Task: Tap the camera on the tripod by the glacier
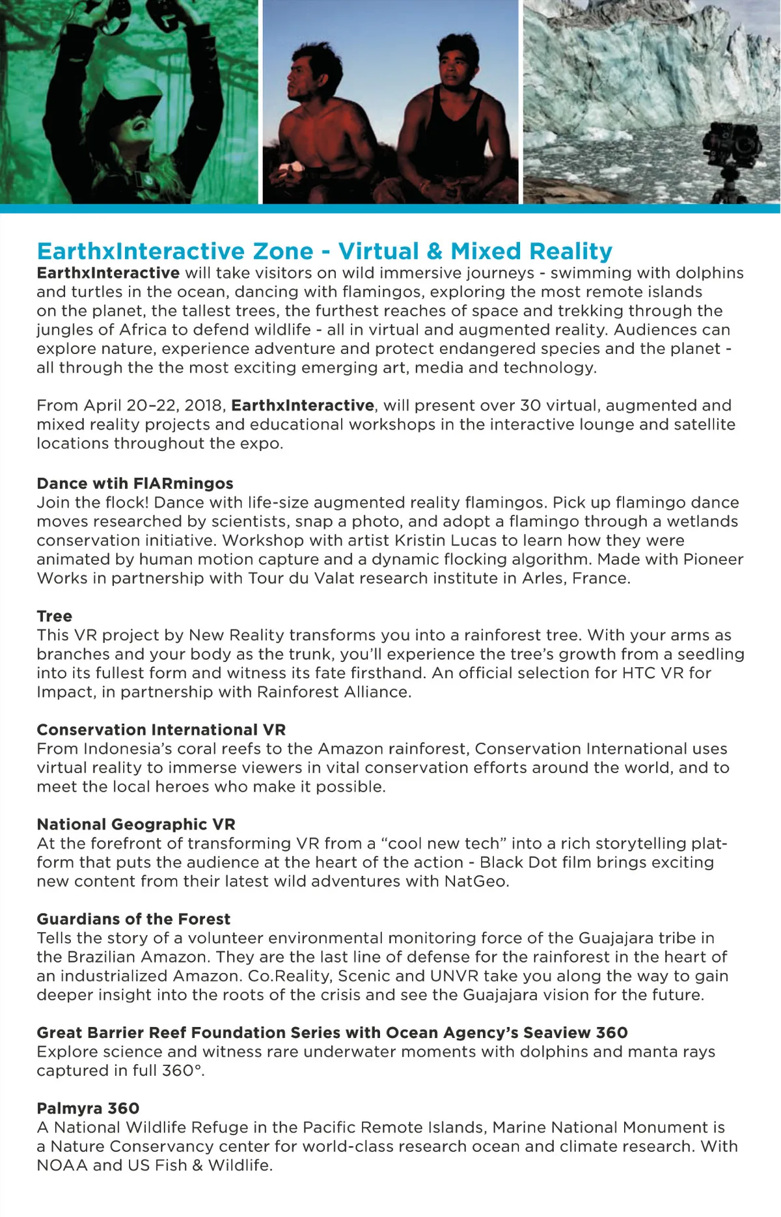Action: [732, 143]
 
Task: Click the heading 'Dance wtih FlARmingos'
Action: [135, 484]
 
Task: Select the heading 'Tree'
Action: [55, 616]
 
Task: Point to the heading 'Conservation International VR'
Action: [161, 730]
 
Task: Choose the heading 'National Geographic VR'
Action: [136, 825]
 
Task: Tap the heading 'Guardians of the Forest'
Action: [133, 919]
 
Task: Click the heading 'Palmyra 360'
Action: [88, 1108]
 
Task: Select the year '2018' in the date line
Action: [204, 405]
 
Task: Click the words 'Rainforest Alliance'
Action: [333, 692]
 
